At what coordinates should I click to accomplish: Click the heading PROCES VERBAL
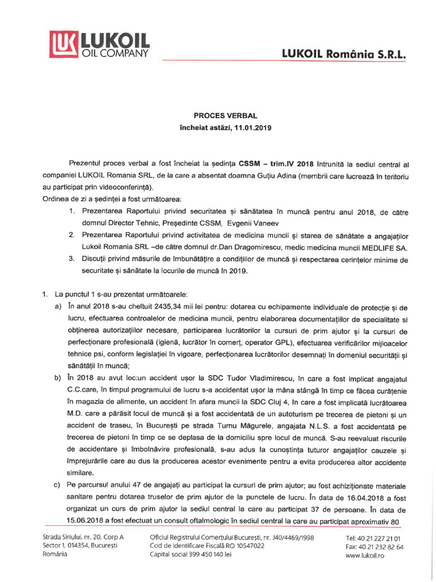(x=218, y=115)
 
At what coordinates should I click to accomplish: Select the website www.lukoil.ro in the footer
(x=365, y=555)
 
